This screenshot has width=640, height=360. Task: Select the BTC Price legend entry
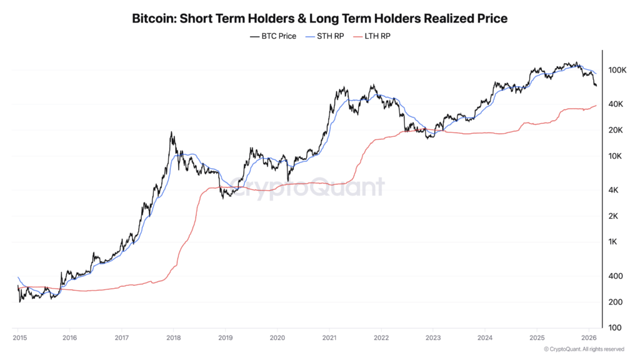click(x=273, y=37)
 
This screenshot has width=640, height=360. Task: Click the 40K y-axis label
click(x=617, y=104)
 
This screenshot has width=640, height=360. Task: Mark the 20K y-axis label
click(x=617, y=130)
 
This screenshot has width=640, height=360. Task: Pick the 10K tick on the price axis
click(x=617, y=156)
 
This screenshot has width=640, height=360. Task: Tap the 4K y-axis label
click(x=615, y=190)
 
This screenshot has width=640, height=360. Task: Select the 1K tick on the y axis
click(x=615, y=242)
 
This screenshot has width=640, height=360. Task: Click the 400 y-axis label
click(x=616, y=276)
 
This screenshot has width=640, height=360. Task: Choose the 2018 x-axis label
click(x=173, y=338)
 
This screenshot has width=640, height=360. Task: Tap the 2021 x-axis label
click(x=329, y=338)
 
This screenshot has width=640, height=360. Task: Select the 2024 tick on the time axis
click(x=484, y=338)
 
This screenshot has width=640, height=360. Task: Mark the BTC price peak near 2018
click(x=171, y=133)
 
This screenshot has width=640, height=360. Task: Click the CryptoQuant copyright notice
click(x=584, y=349)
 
